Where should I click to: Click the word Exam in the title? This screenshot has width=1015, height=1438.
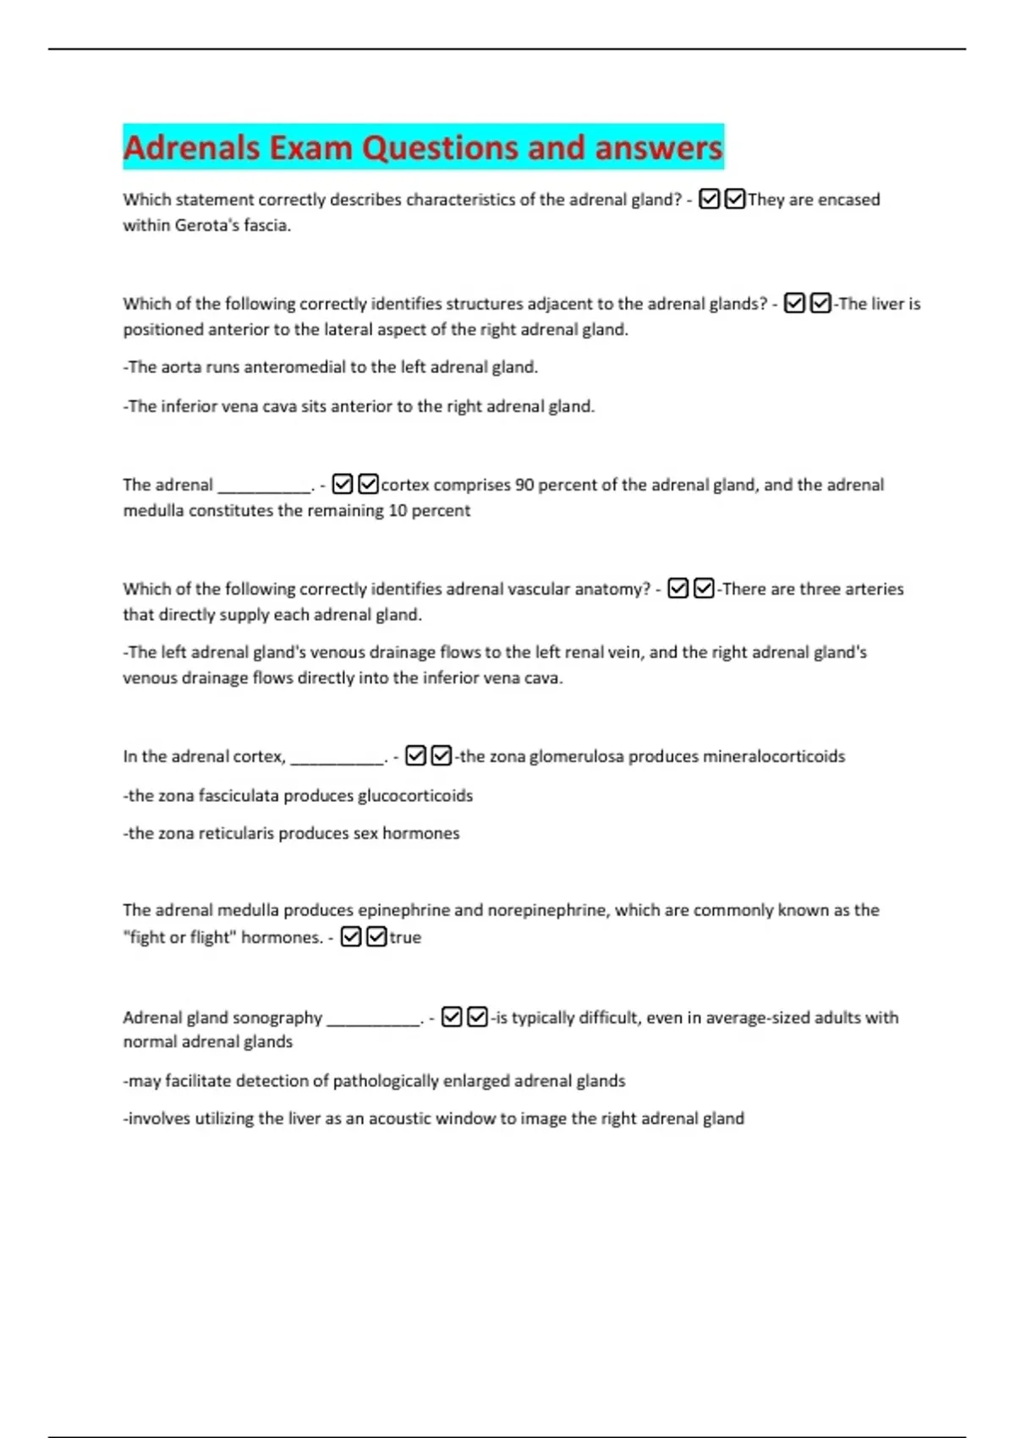click(x=310, y=148)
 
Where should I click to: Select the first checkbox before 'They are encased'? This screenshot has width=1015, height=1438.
click(x=710, y=200)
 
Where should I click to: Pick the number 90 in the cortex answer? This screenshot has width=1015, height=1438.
click(x=524, y=485)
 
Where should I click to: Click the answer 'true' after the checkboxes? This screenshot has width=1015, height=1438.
click(x=405, y=937)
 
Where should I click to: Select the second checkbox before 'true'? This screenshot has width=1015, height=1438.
click(x=376, y=936)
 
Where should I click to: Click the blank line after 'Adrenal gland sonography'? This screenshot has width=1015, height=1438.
click(x=373, y=1020)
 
